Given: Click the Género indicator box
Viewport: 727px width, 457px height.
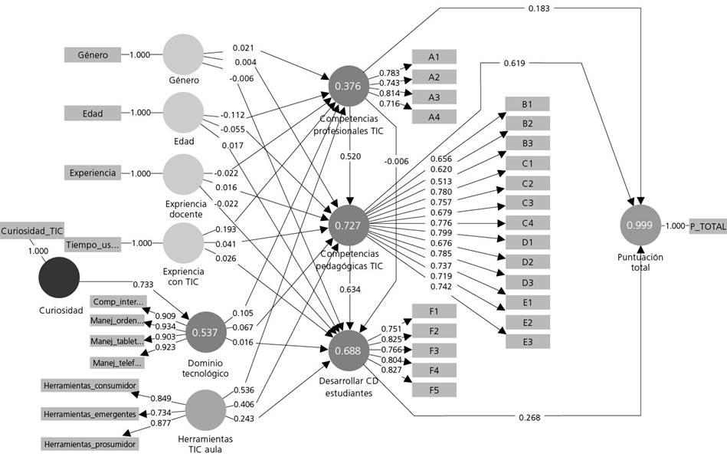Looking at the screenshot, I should point(93,54).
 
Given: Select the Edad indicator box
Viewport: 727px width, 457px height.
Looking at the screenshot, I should point(93,113).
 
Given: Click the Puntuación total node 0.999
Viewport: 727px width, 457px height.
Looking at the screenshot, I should point(640,225).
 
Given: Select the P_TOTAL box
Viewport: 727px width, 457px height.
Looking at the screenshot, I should point(707,225).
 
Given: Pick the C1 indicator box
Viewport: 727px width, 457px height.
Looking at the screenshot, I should point(526,163).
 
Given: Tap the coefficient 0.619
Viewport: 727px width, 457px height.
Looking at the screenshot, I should point(514,63).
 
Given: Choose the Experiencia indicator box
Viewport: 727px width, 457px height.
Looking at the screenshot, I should point(93,173).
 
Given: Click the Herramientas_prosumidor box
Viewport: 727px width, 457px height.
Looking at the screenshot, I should point(90,444).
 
